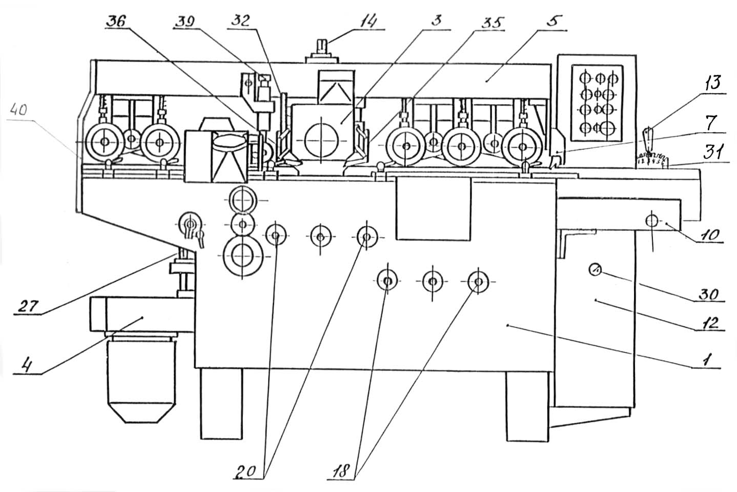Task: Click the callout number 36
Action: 117,22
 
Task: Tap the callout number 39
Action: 185,22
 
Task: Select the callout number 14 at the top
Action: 368,22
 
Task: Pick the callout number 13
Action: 712,83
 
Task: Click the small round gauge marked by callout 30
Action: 595,269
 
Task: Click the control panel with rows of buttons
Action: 597,103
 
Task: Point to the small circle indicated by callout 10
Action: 652,221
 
